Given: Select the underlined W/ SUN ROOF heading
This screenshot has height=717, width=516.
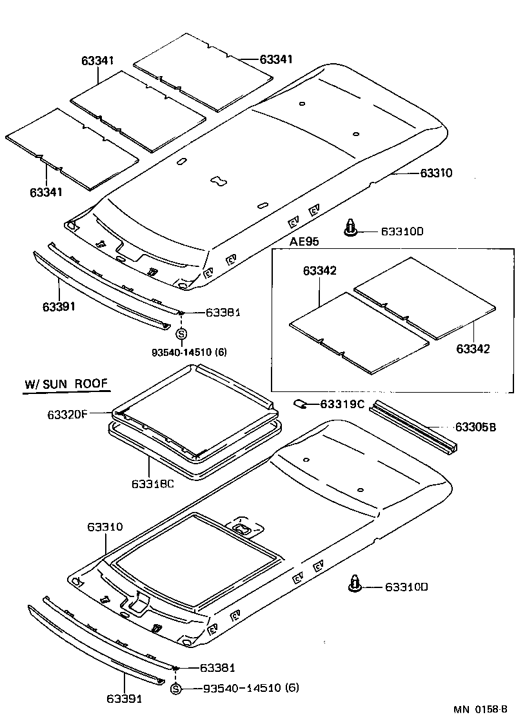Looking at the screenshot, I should tap(66, 385).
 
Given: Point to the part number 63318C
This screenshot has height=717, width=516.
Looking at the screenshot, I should tap(153, 483).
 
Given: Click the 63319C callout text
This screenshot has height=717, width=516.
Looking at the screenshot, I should tap(342, 404).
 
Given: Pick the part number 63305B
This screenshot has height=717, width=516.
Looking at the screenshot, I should tap(475, 427).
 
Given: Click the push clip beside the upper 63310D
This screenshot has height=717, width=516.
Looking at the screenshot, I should tap(350, 228).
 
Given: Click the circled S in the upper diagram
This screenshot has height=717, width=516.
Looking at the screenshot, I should tap(181, 333).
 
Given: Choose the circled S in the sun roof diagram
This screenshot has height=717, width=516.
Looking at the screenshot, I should tap(177, 689).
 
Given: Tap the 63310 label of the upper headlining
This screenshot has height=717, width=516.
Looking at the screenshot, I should tap(436, 173).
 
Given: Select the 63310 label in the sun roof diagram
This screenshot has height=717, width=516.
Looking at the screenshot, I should tap(105, 527).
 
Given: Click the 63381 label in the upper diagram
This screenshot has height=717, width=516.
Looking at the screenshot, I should tap(223, 312).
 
